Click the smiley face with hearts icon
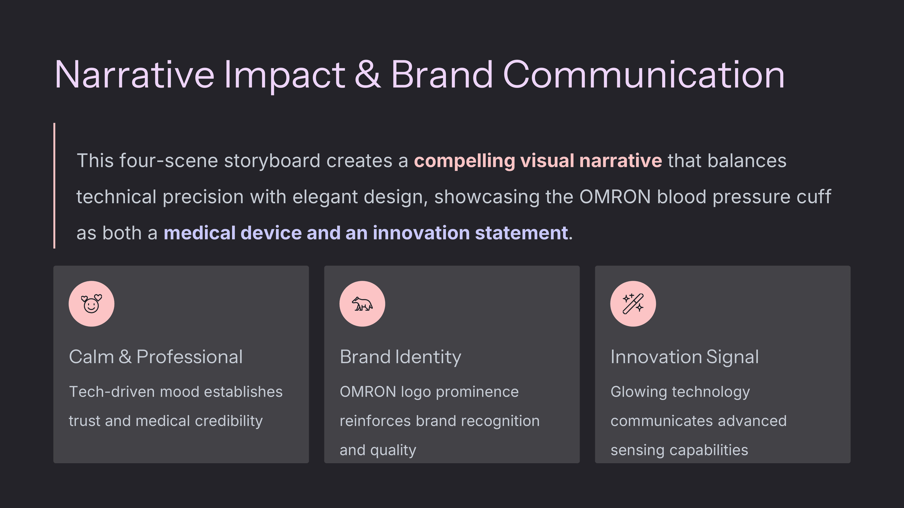click(91, 304)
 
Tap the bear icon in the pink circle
click(362, 304)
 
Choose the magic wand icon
click(633, 304)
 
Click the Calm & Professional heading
click(156, 357)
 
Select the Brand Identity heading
click(400, 357)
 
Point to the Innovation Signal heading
click(685, 357)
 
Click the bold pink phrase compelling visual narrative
click(538, 161)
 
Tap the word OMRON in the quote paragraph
click(615, 197)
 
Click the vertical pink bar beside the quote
click(54, 186)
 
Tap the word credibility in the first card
click(229, 421)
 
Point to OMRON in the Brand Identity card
click(368, 392)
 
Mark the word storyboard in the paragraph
click(272, 161)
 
